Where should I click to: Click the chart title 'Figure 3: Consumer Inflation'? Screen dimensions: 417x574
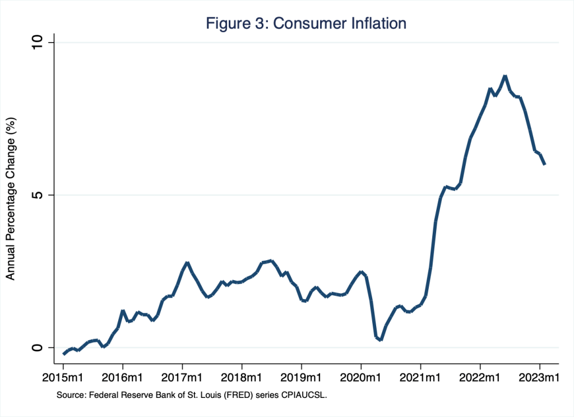click(x=306, y=24)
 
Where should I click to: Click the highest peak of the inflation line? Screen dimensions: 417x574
click(x=505, y=76)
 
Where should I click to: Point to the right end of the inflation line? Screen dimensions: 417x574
click(x=545, y=164)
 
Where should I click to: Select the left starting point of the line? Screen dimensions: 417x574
click(x=63, y=354)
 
